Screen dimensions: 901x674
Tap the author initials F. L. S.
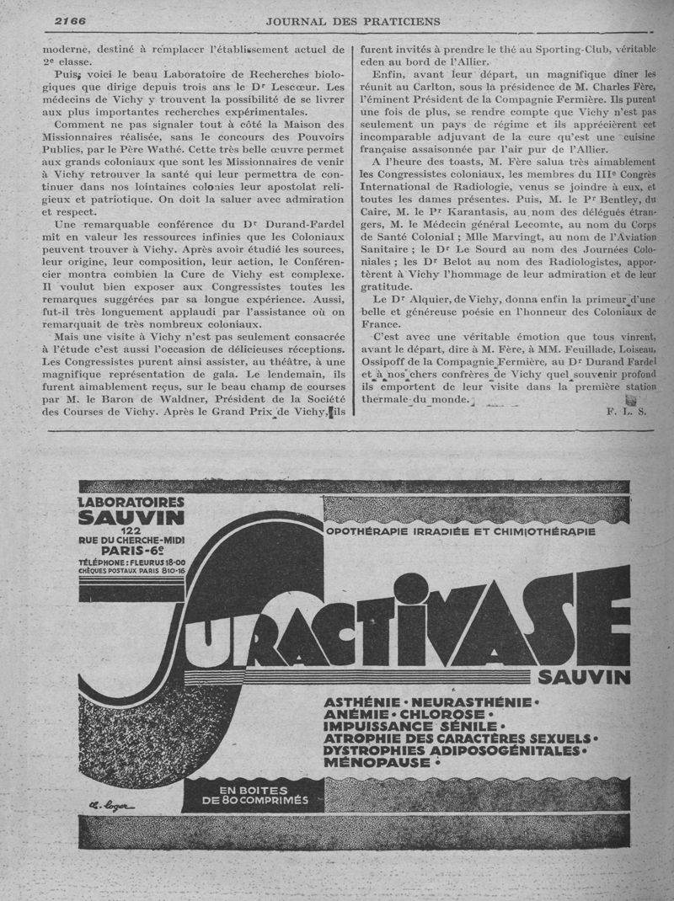(x=625, y=411)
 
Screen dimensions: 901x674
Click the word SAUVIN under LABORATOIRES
(x=131, y=516)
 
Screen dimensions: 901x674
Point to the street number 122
(x=131, y=530)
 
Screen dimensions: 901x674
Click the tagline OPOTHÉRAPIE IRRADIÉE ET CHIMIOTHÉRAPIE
(x=461, y=531)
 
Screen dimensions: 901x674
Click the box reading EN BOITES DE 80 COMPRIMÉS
(x=253, y=795)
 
